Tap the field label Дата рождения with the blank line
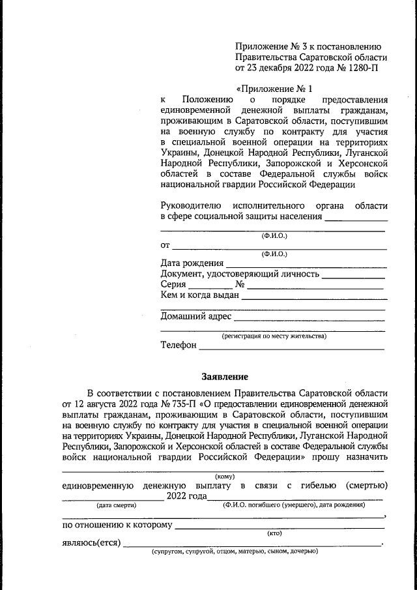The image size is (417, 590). (192, 263)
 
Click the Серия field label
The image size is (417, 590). (173, 284)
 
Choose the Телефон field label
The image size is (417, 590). (179, 345)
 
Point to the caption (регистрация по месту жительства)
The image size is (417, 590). (274, 336)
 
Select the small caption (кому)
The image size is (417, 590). (225, 477)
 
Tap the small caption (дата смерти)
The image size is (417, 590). (116, 505)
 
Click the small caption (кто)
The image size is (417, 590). (274, 533)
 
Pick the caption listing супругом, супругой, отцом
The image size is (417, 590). (235, 552)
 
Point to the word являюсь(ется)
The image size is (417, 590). (91, 542)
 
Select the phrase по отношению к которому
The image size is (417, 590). (117, 524)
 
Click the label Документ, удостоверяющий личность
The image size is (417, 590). (240, 274)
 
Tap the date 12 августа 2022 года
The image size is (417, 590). (108, 404)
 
